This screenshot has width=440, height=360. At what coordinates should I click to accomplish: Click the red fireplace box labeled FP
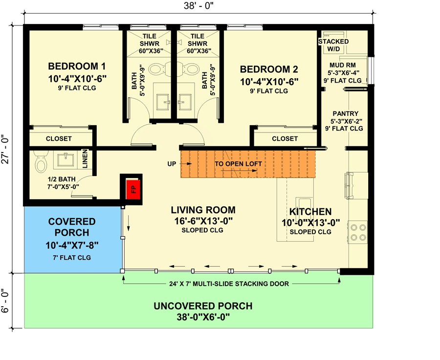pos(132,188)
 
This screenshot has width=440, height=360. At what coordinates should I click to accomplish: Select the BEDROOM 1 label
pos(77,67)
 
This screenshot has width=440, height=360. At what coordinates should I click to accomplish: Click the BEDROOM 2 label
pos(269,69)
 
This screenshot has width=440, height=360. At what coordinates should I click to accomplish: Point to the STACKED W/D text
pos(333,45)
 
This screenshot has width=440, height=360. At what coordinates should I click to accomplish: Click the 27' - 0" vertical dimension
pos(6,150)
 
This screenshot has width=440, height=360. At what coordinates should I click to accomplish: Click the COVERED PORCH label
pos(72,227)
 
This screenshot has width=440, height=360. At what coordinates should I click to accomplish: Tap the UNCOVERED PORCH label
pos(203,306)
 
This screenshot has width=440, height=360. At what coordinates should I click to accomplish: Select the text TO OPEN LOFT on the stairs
pos(238,164)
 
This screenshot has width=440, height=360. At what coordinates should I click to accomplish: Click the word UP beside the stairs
pos(172,164)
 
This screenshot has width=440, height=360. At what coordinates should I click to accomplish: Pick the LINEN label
pos(85,159)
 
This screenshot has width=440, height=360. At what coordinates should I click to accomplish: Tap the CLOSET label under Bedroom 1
pos(59,139)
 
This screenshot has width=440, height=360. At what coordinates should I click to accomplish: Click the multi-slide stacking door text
pos(230,283)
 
